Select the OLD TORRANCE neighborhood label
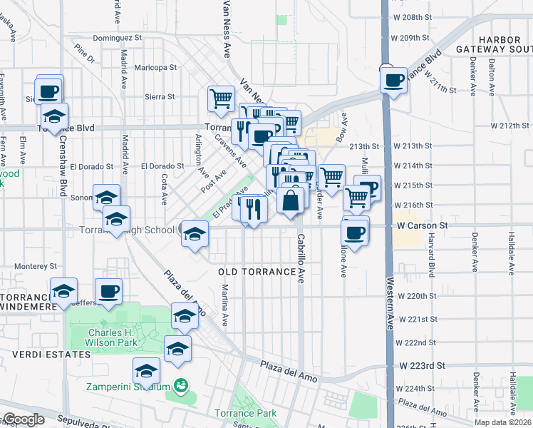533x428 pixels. pyautogui.click(x=256, y=272)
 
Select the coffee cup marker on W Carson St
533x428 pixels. pyautogui.click(x=354, y=231)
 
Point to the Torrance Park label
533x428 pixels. pyautogui.click(x=245, y=413)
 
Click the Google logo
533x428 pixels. pyautogui.click(x=23, y=419)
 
